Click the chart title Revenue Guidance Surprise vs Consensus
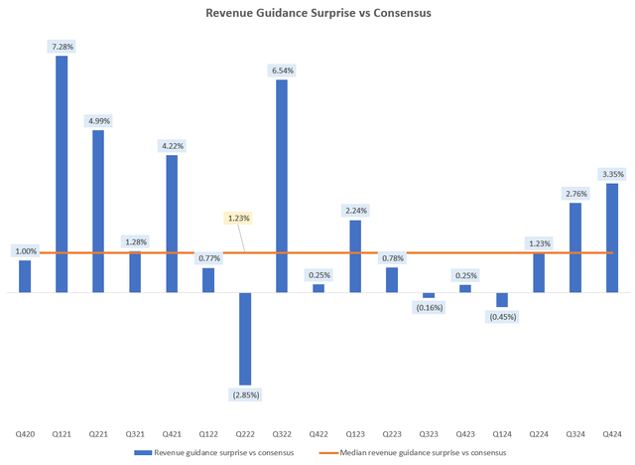click(x=317, y=14)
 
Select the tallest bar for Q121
click(x=62, y=174)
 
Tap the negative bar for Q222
click(x=245, y=339)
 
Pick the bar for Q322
click(x=282, y=186)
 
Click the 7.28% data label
click(x=62, y=45)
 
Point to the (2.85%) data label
click(x=245, y=395)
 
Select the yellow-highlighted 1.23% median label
click(x=239, y=218)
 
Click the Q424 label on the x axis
click(x=612, y=434)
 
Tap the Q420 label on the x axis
click(x=25, y=434)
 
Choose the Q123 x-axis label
click(x=355, y=434)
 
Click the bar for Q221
click(x=98, y=212)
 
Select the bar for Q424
click(x=612, y=238)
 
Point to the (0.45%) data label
click(x=502, y=317)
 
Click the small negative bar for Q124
click(x=502, y=300)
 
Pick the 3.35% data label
click(x=612, y=173)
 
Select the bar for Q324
click(x=575, y=247)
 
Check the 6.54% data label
click(x=282, y=71)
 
